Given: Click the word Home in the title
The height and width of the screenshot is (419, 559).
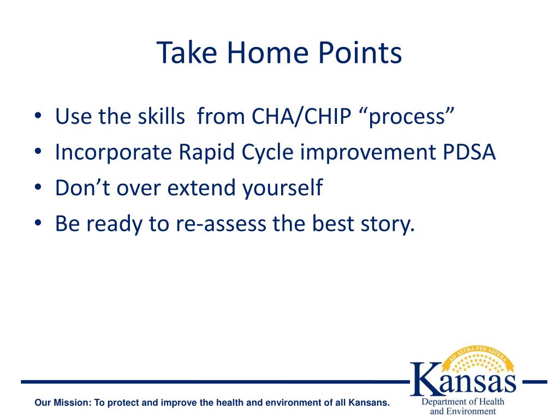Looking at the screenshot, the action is pos(267,52).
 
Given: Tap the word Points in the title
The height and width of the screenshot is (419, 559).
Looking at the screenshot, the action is pos(360,52).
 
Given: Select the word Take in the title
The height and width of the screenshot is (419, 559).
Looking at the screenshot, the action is pos(187,52).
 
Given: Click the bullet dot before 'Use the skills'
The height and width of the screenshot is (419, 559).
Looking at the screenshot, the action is pos(38,116).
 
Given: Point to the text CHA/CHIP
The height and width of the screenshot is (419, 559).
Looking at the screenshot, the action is pos(301,116).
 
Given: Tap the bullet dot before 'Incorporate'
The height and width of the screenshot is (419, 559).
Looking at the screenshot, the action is pos(38,152).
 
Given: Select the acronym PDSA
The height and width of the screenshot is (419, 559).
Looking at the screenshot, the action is pos(469,152).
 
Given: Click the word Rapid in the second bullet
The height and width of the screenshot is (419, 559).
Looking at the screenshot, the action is pos(206,153).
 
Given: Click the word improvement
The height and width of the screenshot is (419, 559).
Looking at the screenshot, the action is pos(368,153).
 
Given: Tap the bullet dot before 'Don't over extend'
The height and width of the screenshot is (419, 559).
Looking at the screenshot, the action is pos(38,187).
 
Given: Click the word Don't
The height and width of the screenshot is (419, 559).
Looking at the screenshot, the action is pos(83,188).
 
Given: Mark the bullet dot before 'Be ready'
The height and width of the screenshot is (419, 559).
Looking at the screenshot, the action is pos(38,223).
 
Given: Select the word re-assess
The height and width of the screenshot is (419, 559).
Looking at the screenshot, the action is pos(221,224).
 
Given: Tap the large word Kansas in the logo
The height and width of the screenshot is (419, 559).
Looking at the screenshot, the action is pos(463,379).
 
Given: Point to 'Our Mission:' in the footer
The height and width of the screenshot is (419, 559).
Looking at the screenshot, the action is pos(63,403).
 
